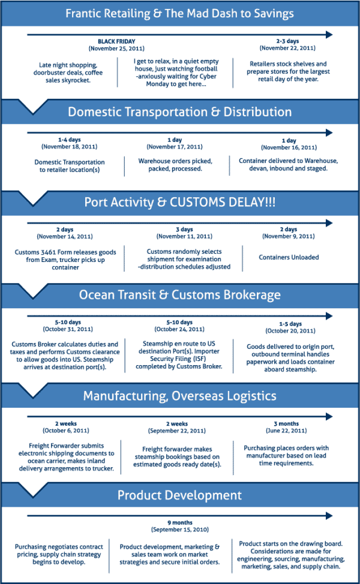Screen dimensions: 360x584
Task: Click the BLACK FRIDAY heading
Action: coord(116,41)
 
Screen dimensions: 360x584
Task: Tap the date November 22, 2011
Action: coord(287,48)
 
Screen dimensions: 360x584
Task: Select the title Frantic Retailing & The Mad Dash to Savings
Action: coord(179,13)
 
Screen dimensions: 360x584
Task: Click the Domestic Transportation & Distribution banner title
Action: coord(179,112)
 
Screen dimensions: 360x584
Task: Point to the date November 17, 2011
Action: coord(175,147)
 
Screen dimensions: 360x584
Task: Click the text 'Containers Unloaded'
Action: coord(289,257)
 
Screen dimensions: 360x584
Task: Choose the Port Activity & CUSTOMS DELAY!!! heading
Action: coord(179,202)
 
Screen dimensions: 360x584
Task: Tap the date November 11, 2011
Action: coord(184,236)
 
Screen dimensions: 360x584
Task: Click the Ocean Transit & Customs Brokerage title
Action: coord(179,294)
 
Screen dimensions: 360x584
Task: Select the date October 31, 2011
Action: coord(68,329)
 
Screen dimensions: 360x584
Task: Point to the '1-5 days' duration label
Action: coord(290,324)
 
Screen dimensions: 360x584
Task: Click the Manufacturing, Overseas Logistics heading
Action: coord(179,396)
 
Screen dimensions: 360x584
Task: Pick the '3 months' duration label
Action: coord(286,424)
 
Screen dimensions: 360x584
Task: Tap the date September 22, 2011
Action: coord(177,431)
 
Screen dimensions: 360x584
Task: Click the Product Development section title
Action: coord(179,495)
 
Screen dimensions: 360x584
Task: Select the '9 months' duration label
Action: coord(179,523)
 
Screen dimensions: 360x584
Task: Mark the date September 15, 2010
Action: coord(179,529)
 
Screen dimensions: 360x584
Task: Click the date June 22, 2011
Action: coord(286,431)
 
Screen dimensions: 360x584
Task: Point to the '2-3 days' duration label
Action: coord(287,41)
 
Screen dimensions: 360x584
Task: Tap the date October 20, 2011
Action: coord(290,331)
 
